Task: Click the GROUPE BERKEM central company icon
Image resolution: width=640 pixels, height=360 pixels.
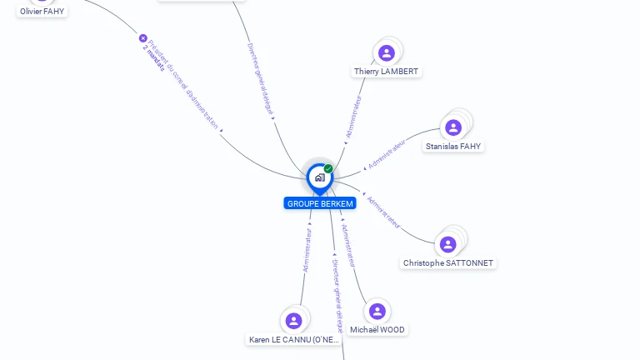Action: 319,177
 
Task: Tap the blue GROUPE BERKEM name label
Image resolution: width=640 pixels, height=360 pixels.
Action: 320,203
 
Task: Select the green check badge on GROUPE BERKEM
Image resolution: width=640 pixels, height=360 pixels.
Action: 328,169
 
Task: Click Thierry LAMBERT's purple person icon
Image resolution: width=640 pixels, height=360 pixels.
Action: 386,53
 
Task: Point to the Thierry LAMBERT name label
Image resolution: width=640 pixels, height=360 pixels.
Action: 386,72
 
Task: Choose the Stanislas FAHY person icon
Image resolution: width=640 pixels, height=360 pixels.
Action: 453,127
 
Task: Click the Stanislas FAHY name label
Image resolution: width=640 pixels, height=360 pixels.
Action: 453,147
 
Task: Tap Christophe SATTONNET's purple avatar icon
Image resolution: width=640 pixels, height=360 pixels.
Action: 448,244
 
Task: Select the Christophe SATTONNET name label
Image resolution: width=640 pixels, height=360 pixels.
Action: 448,263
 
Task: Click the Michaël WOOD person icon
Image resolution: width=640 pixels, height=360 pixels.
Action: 377,311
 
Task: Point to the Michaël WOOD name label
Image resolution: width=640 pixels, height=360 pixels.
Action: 377,330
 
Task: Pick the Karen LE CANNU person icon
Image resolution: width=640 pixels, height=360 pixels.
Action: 293,321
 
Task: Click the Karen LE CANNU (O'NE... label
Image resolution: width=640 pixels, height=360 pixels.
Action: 294,340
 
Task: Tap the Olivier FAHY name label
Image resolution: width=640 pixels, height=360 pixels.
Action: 42,12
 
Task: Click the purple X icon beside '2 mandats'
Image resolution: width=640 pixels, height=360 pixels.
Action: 142,38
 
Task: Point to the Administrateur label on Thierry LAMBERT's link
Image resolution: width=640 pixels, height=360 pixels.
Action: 354,117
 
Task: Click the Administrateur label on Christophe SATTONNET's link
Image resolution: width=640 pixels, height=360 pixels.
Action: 383,212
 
